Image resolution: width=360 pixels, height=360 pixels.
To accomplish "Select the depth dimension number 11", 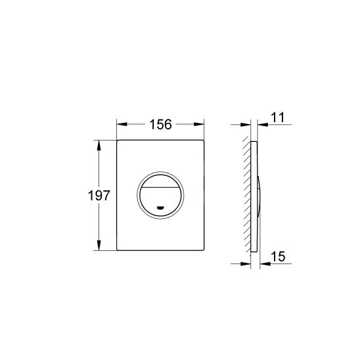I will (x=277, y=118).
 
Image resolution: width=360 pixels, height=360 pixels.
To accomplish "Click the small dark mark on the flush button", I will (x=161, y=210).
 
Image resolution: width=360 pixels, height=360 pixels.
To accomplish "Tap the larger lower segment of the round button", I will (x=161, y=200).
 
